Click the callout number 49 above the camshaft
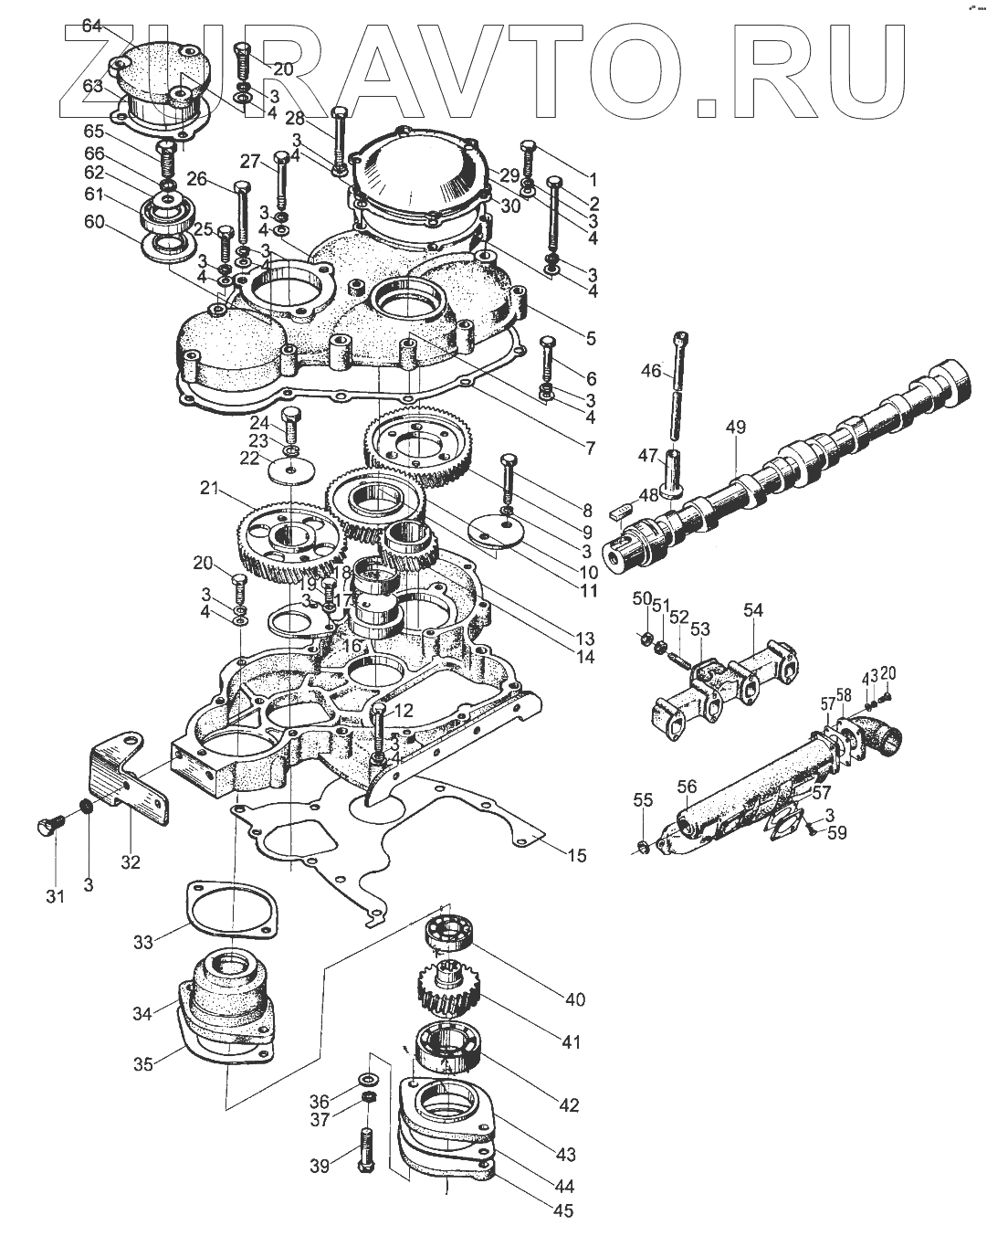coord(736,427)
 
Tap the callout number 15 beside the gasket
coord(577,855)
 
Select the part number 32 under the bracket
coord(131,861)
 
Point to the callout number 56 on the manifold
coord(687,786)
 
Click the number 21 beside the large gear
coord(212,490)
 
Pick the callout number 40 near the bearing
coord(575,999)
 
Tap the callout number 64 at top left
coord(92,26)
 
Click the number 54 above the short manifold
coord(752,609)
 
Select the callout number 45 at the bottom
coord(563,1211)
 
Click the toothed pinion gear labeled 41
coord(444,990)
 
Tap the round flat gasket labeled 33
coord(231,910)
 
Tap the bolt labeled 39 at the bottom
coord(367,1153)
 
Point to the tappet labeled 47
coord(675,473)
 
